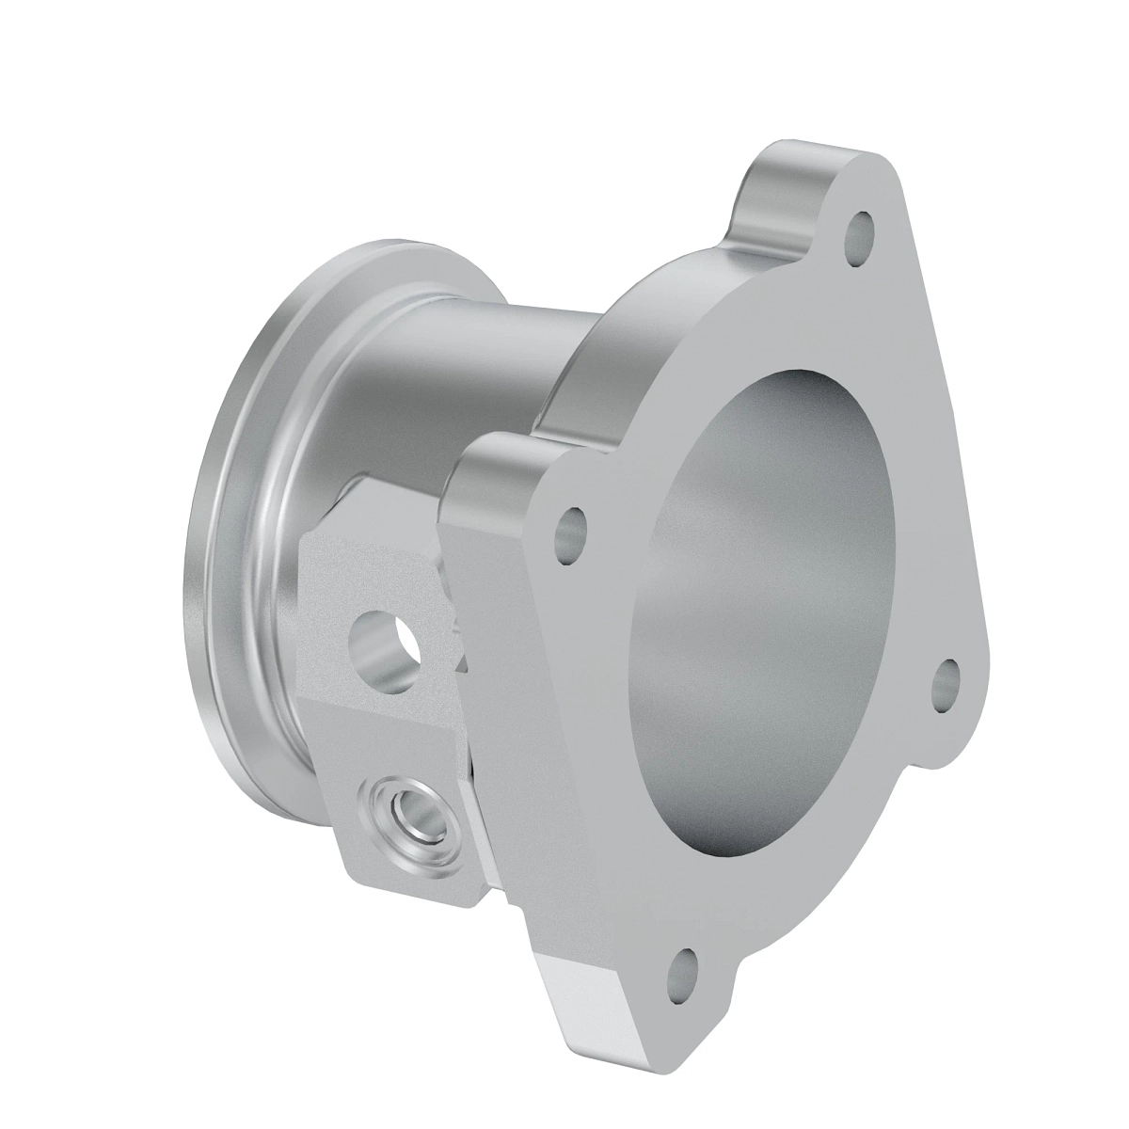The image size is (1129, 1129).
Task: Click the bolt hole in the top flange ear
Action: pos(860,230)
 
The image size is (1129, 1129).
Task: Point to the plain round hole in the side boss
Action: pos(385,645)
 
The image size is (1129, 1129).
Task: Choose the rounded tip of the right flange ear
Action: pos(978,677)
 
